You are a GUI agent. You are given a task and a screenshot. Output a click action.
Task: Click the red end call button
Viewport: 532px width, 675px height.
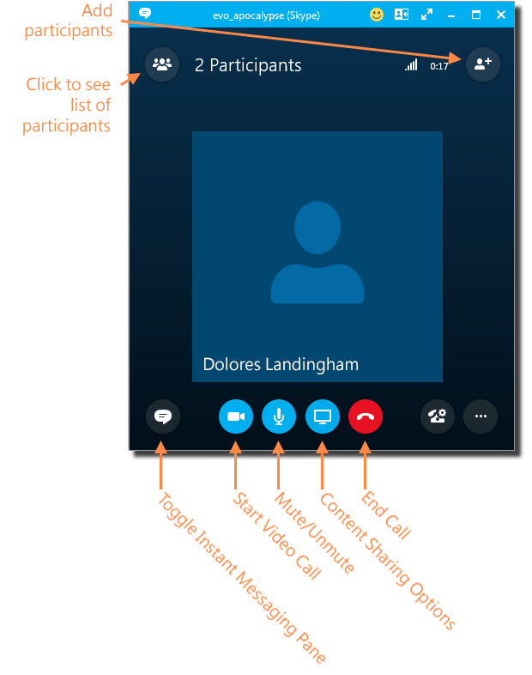366,417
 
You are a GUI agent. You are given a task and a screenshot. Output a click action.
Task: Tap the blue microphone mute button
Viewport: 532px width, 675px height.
279,417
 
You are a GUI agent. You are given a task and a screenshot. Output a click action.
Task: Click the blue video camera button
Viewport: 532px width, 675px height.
236,417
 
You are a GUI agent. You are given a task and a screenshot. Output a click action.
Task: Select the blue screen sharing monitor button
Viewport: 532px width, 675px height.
323,417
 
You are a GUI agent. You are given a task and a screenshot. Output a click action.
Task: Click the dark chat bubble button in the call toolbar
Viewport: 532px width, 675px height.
162,417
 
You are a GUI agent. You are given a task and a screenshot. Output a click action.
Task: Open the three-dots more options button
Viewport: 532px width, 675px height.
481,417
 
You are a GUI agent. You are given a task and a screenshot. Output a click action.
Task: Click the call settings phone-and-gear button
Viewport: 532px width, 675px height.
438,417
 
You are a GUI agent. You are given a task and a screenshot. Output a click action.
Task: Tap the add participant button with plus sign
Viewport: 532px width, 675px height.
482,64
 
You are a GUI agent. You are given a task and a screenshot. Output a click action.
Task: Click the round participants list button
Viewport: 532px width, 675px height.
161,64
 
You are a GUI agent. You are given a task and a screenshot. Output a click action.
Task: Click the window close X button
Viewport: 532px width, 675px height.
501,15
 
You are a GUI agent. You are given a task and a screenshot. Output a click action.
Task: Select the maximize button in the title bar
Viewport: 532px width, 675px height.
476,15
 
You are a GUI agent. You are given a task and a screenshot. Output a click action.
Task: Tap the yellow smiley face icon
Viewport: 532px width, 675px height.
377,15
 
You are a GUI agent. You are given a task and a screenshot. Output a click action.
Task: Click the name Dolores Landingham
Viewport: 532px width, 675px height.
281,364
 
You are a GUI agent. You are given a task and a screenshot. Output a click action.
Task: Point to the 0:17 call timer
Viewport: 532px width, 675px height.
439,66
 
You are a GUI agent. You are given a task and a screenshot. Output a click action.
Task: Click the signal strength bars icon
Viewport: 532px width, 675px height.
411,65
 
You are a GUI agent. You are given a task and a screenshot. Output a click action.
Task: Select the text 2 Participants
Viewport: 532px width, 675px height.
248,65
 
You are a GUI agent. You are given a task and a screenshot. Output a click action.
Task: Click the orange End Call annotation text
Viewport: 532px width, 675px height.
387,516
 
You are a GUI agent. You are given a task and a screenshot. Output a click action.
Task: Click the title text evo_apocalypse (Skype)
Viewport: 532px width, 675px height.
266,15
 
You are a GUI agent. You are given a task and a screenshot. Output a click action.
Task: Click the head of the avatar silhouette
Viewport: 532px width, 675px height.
317,227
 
